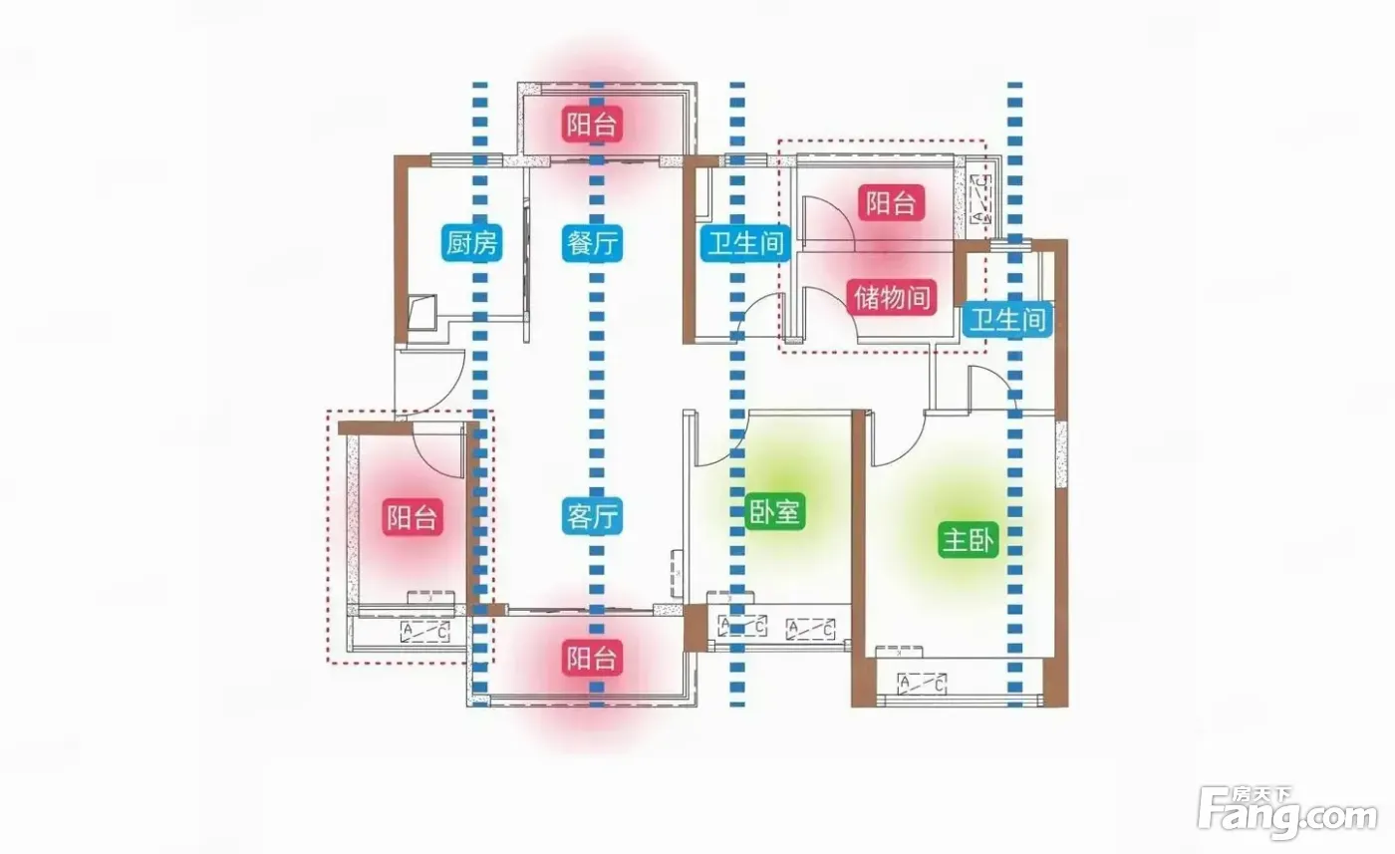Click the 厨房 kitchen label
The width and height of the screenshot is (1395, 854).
point(472,242)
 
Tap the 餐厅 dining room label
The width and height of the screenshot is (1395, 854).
point(592,242)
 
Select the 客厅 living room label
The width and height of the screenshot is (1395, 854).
point(592,516)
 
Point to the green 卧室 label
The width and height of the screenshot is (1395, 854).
point(775,512)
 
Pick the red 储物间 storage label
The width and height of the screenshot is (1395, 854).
point(892,297)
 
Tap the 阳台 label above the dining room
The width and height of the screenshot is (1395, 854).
point(592,124)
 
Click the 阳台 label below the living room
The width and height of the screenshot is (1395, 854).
point(592,657)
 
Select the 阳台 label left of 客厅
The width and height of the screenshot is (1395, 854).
point(413,516)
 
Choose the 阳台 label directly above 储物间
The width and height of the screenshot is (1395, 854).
point(891,202)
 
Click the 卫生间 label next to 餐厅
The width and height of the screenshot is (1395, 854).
point(745,243)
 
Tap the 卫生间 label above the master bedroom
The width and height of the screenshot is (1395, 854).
point(1007,320)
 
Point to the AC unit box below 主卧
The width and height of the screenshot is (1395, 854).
point(922,684)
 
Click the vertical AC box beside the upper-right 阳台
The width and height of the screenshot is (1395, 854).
point(980,199)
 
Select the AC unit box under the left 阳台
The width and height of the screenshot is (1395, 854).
point(425,632)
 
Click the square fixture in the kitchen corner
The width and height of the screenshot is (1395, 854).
point(422,310)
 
